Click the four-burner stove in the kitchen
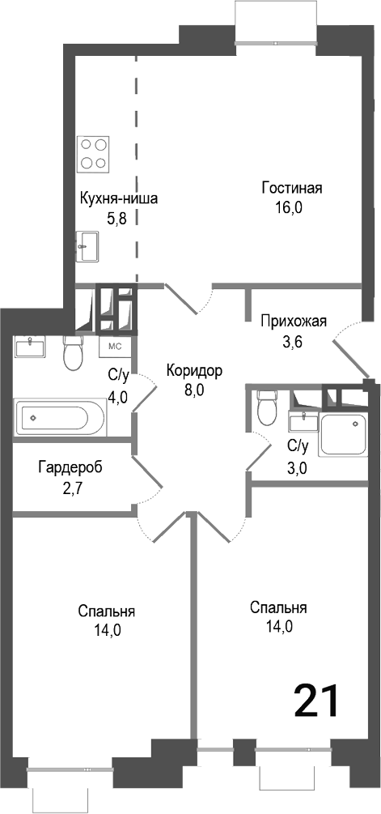click(x=94, y=154)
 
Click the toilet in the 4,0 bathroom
click(x=74, y=353)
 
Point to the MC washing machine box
click(x=115, y=347)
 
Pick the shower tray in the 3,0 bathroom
click(x=345, y=435)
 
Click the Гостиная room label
click(x=292, y=189)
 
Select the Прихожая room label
click(x=293, y=322)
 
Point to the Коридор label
click(x=193, y=371)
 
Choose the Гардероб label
click(x=70, y=467)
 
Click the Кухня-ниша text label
click(x=118, y=199)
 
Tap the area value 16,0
click(x=288, y=207)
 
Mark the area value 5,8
click(x=117, y=218)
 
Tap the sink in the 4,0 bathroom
click(x=31, y=347)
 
